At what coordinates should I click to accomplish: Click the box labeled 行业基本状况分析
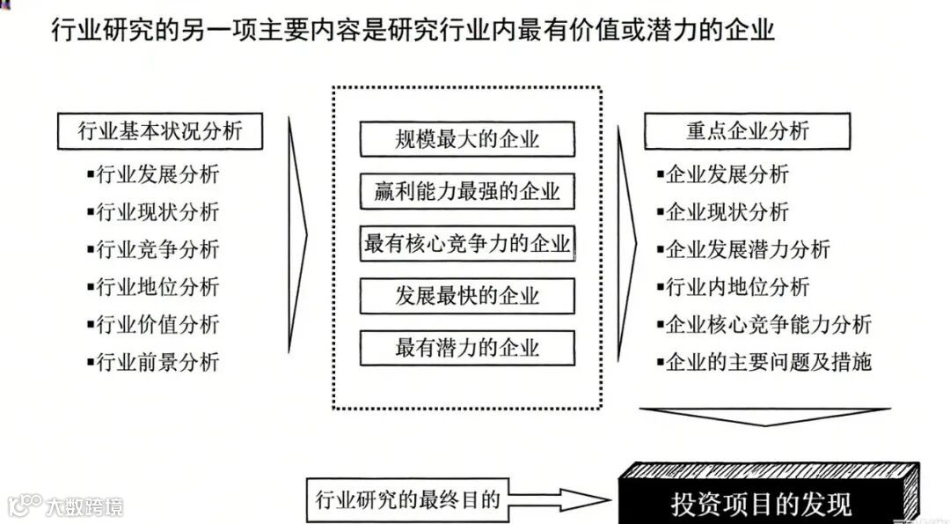pyautogui.click(x=159, y=131)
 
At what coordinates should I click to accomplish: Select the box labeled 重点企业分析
pyautogui.click(x=747, y=131)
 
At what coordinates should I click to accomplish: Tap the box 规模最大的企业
pyautogui.click(x=467, y=139)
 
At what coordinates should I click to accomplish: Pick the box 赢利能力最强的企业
pyautogui.click(x=467, y=191)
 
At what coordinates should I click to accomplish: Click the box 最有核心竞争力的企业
pyautogui.click(x=467, y=243)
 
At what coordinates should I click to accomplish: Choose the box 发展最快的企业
pyautogui.click(x=467, y=295)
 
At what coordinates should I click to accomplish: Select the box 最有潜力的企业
pyautogui.click(x=467, y=347)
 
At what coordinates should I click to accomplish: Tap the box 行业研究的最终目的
pyautogui.click(x=407, y=500)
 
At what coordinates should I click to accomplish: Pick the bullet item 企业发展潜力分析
pyautogui.click(x=747, y=249)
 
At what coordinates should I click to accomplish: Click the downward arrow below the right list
pyautogui.click(x=764, y=417)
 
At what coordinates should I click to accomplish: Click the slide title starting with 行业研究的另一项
pyautogui.click(x=413, y=33)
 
